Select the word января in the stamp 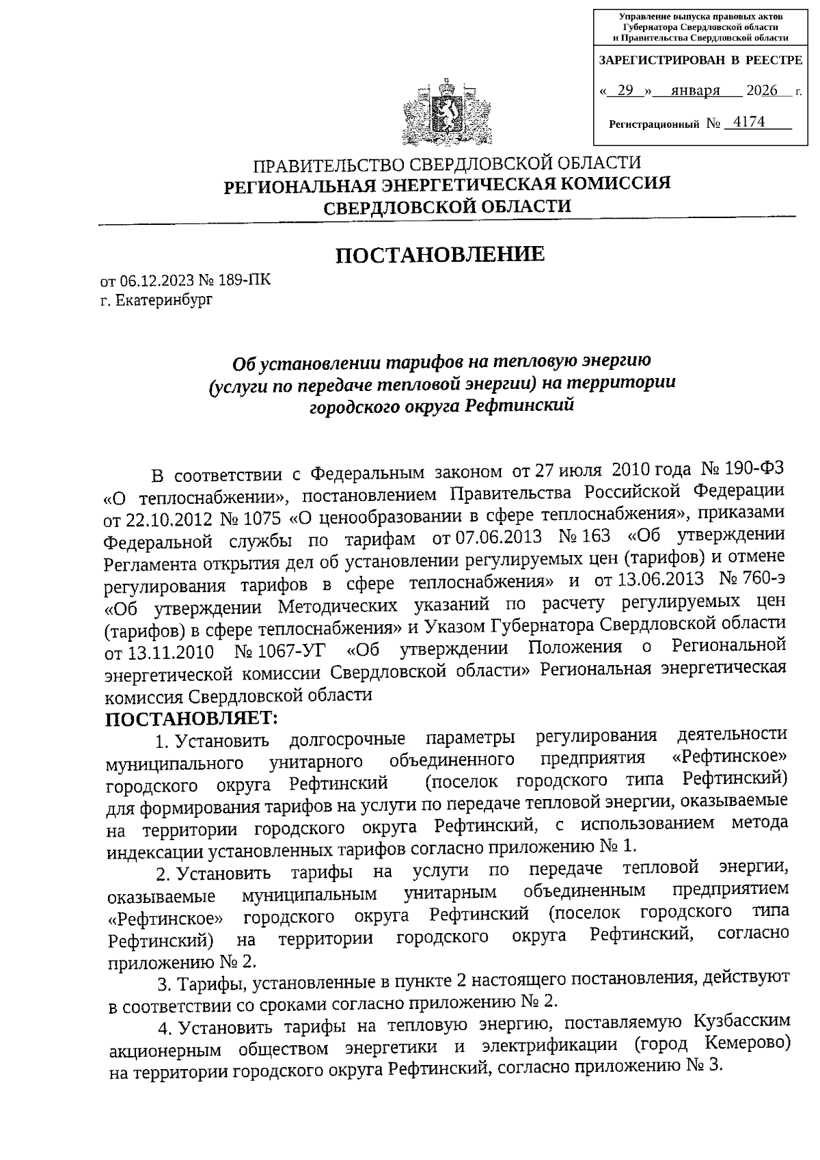pyautogui.click(x=695, y=91)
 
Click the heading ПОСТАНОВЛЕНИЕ pyautogui.click(x=440, y=254)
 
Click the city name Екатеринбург pyautogui.click(x=164, y=300)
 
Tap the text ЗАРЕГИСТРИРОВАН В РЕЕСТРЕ pyautogui.click(x=700, y=61)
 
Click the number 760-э pyautogui.click(x=764, y=578)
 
